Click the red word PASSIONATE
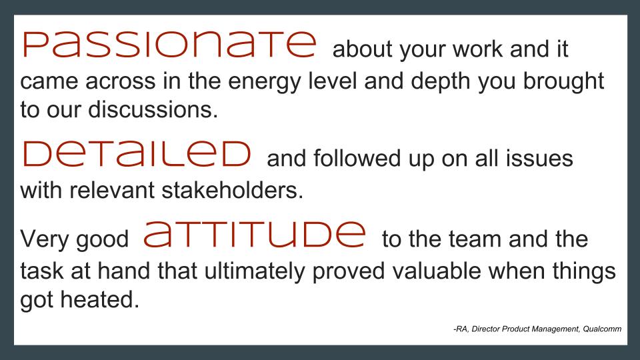[x=169, y=45]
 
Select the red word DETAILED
[x=137, y=154]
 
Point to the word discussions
[x=153, y=109]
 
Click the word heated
[x=100, y=299]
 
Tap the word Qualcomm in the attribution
[x=602, y=329]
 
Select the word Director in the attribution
[x=485, y=329]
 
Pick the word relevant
[x=112, y=190]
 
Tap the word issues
[x=539, y=158]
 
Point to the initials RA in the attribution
[x=461, y=329]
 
